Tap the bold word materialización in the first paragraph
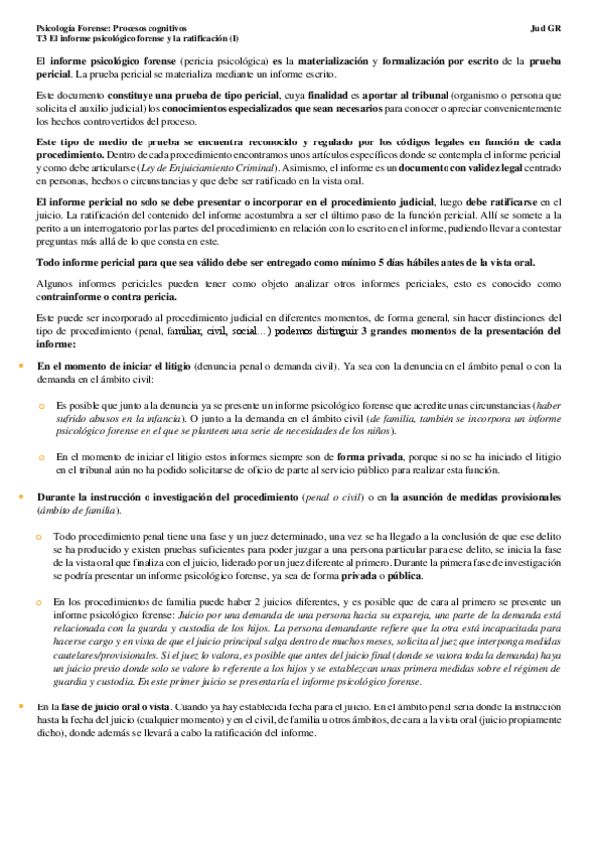[x=327, y=62]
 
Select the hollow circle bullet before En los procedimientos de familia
[x=42, y=602]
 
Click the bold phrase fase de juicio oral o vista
[x=113, y=706]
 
